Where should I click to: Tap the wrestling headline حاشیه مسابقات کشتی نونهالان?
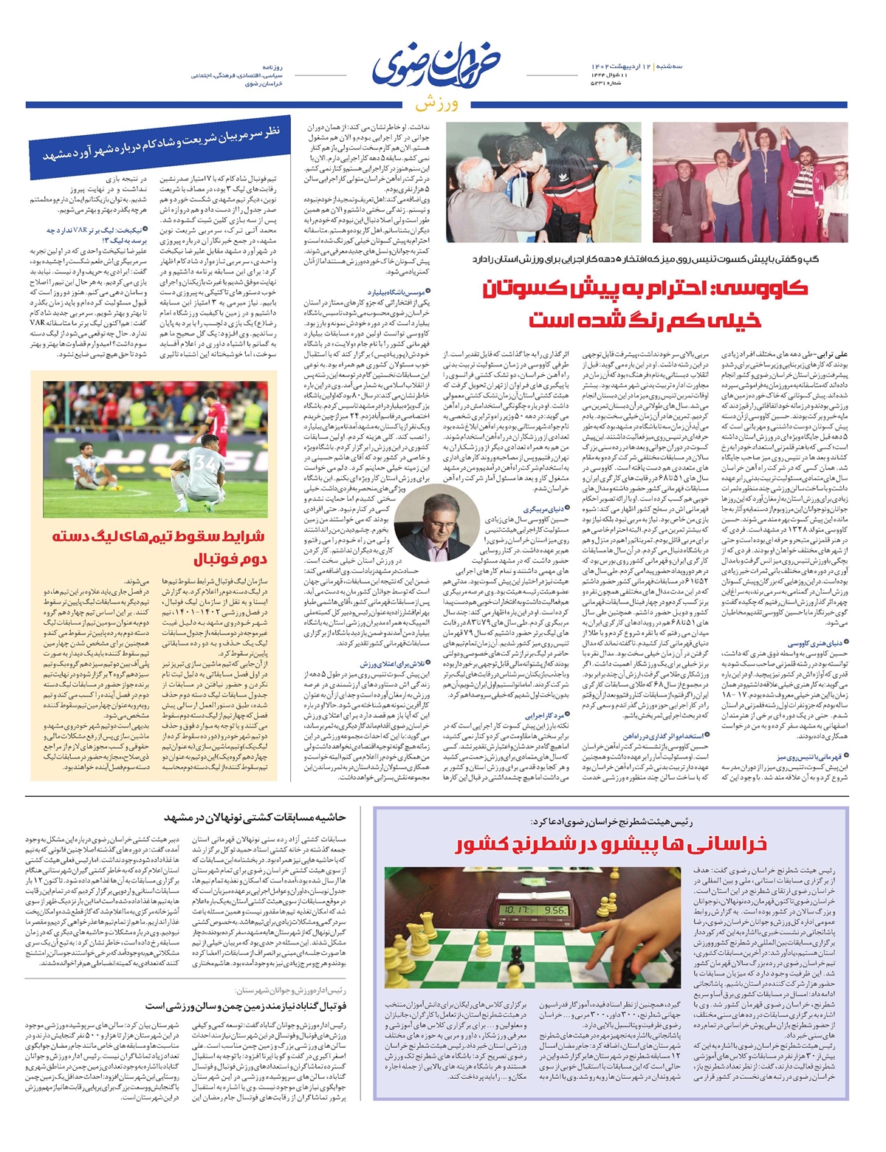pyautogui.click(x=255, y=817)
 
